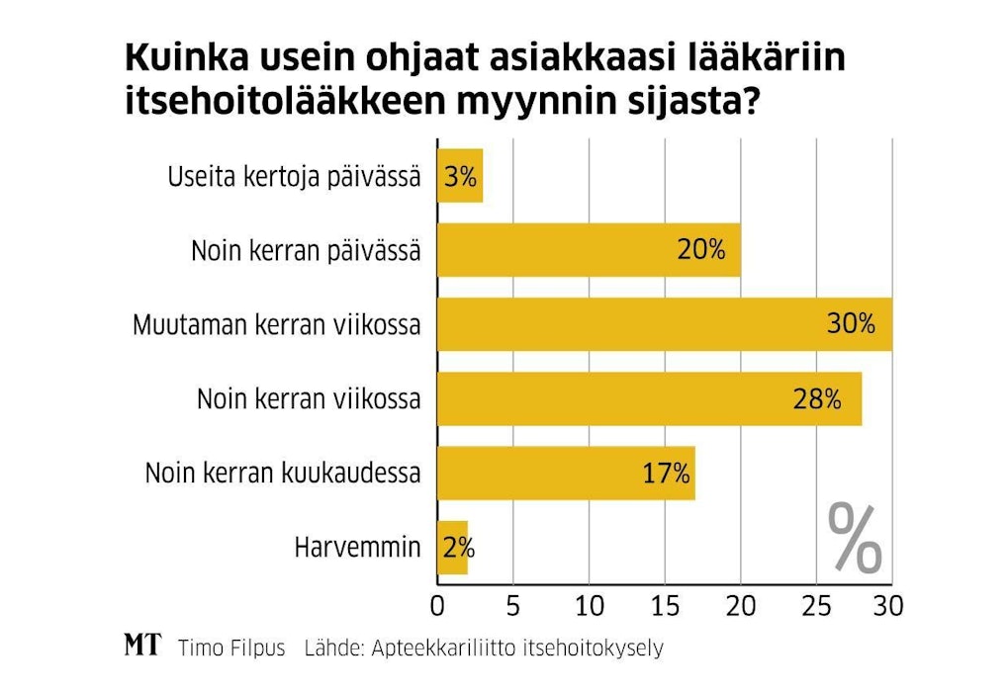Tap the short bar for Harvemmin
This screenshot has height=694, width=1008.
pyautogui.click(x=452, y=547)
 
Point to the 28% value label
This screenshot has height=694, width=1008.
pyautogui.click(x=816, y=399)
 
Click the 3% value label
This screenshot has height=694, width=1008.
pyautogui.click(x=461, y=178)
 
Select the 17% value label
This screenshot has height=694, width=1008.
pyautogui.click(x=666, y=473)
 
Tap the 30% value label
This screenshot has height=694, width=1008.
pyautogui.click(x=851, y=324)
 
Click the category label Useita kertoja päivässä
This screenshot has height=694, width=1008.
pyautogui.click(x=294, y=178)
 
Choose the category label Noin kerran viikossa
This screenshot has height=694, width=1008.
pyautogui.click(x=309, y=399)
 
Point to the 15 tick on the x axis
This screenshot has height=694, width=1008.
pyautogui.click(x=665, y=604)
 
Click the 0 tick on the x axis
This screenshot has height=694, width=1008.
pyautogui.click(x=438, y=604)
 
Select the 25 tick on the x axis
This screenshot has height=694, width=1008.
pyautogui.click(x=816, y=604)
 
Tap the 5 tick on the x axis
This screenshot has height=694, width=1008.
pyautogui.click(x=513, y=604)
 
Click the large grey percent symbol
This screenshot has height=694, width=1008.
pyautogui.click(x=854, y=538)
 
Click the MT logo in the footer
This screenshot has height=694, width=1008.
pyautogui.click(x=142, y=648)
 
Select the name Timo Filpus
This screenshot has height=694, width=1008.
pyautogui.click(x=231, y=649)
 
